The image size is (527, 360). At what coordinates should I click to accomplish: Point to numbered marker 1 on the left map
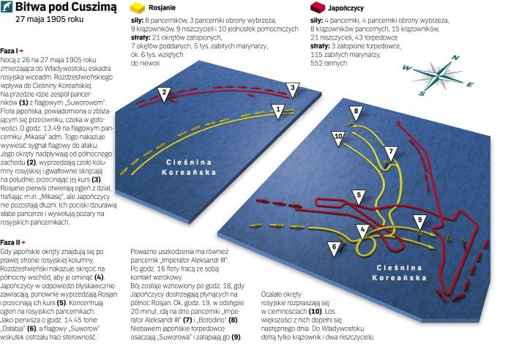[x=277, y=109]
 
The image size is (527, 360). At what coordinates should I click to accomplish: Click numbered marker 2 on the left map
[x=165, y=92]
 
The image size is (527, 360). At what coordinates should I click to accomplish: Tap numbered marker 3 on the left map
[x=291, y=89]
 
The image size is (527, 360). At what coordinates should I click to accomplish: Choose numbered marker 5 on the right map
[x=359, y=195]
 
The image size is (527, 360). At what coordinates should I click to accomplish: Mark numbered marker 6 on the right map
[x=334, y=248]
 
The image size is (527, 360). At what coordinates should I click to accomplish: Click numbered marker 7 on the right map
[x=391, y=152]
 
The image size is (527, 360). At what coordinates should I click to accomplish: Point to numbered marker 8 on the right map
[x=356, y=112]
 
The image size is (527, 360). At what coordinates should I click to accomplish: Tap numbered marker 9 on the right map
[x=420, y=220]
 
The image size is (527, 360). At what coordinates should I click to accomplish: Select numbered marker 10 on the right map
[x=338, y=137]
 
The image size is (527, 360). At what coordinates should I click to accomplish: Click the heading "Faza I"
[x=12, y=50]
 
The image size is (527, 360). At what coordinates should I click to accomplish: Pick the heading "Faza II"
[x=13, y=241]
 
